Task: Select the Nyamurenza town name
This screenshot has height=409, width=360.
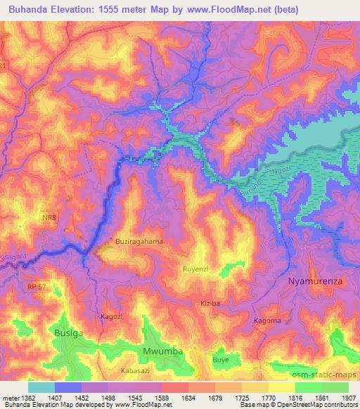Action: point(318,282)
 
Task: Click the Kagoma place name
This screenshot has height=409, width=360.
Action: point(267,321)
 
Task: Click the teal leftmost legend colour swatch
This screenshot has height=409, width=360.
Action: point(41,387)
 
